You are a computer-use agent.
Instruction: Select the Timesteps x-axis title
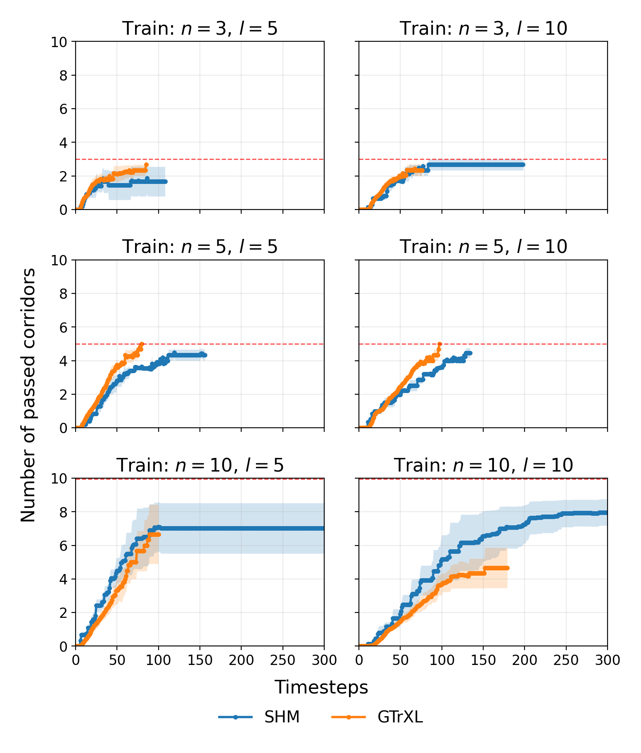[x=321, y=687]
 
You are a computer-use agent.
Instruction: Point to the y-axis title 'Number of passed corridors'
[x=28, y=395]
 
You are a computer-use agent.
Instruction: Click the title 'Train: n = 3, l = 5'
[x=200, y=29]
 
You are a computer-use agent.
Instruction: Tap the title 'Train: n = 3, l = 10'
[x=483, y=29]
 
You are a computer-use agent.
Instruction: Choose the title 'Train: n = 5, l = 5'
[x=200, y=247]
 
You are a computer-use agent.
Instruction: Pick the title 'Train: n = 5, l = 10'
[x=483, y=247]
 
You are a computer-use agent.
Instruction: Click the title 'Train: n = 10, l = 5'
[x=200, y=465]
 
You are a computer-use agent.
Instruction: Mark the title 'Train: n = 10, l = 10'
[x=483, y=465]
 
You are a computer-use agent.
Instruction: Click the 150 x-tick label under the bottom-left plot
[x=200, y=660]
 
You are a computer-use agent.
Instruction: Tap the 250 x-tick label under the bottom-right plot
[x=566, y=660]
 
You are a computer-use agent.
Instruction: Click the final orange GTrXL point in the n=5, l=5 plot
[x=142, y=344]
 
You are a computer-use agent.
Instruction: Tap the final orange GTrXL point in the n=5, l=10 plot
[x=440, y=344]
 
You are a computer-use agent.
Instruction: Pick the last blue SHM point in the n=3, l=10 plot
[x=523, y=164]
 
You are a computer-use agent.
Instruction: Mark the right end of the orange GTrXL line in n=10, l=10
[x=507, y=568]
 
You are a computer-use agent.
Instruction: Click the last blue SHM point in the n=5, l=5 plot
[x=205, y=355]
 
